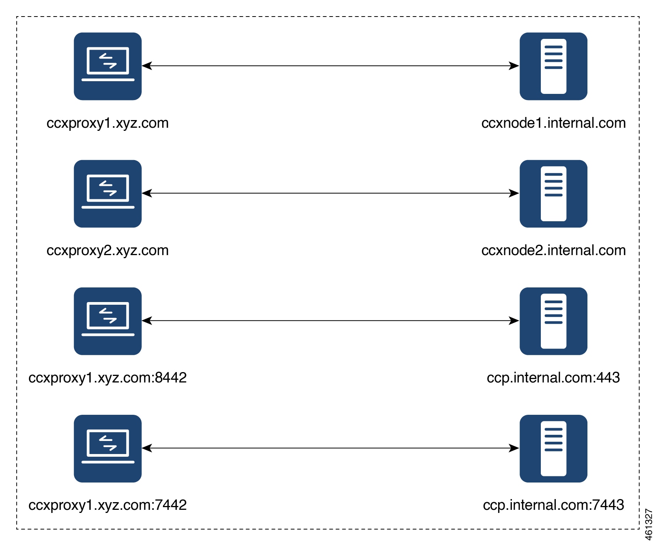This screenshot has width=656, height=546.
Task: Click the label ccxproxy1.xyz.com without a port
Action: pyautogui.click(x=107, y=123)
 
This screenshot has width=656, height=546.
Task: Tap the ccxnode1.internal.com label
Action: pyautogui.click(x=554, y=123)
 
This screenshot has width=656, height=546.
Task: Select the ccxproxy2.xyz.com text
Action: pyautogui.click(x=107, y=250)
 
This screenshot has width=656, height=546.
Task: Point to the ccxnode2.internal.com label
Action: pyautogui.click(x=554, y=250)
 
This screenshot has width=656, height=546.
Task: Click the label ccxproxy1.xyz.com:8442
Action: pyautogui.click(x=107, y=378)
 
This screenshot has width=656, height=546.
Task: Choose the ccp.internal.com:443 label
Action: pyautogui.click(x=554, y=378)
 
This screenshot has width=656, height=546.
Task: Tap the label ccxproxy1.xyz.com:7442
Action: pyautogui.click(x=107, y=505)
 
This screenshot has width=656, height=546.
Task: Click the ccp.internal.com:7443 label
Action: pyautogui.click(x=554, y=505)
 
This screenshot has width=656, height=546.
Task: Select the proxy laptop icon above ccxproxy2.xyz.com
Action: pyautogui.click(x=108, y=194)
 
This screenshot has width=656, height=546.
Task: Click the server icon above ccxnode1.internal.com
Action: pyautogui.click(x=554, y=66)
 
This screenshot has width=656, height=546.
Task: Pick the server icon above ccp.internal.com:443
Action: pyautogui.click(x=554, y=321)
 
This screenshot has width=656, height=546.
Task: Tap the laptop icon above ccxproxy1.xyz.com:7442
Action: pyautogui.click(x=108, y=448)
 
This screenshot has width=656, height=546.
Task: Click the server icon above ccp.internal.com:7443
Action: pyautogui.click(x=554, y=448)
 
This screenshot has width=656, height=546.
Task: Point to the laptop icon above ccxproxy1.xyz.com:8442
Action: pyautogui.click(x=108, y=321)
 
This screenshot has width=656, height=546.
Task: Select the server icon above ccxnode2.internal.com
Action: pyautogui.click(x=554, y=194)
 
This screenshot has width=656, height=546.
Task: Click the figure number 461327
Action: pyautogui.click(x=649, y=524)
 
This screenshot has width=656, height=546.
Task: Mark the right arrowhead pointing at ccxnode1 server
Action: pyautogui.click(x=515, y=66)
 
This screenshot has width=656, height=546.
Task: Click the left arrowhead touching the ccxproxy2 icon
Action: pyautogui.click(x=147, y=193)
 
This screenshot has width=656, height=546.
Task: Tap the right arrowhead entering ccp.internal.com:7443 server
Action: pyautogui.click(x=515, y=448)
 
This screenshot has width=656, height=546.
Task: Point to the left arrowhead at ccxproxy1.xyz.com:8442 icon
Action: pyautogui.click(x=147, y=321)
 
